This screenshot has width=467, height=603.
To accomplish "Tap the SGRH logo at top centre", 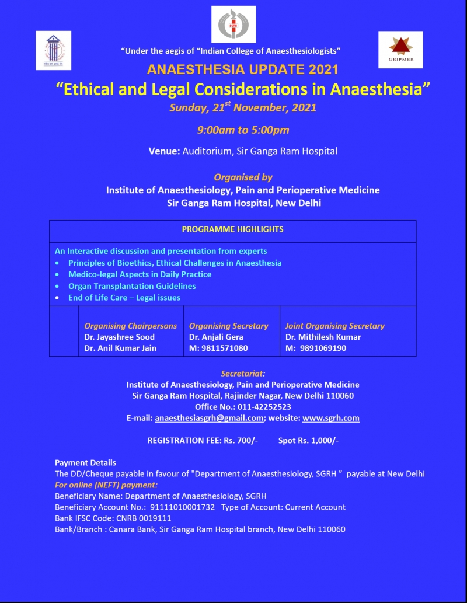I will click(233, 24).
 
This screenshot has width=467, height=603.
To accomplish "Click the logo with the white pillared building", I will click(53, 50).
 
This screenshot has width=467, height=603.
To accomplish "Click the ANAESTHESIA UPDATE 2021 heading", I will click(243, 69).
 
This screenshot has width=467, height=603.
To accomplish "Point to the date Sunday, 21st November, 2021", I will click(243, 108).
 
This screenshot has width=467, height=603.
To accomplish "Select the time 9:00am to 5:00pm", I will click(243, 130).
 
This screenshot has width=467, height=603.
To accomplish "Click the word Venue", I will click(164, 151).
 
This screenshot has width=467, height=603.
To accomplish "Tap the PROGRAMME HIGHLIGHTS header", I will click(233, 229).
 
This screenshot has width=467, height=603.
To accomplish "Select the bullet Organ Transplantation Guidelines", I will click(132, 286).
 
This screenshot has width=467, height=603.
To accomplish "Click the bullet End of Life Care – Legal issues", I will click(124, 298).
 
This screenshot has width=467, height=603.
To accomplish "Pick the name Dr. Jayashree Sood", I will click(120, 337).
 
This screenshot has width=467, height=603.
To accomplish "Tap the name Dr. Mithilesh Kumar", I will click(323, 337).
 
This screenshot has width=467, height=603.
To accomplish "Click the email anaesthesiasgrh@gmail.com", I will click(209, 418).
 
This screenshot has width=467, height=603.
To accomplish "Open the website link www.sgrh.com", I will click(331, 418).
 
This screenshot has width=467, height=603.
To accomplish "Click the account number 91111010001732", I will click(182, 507).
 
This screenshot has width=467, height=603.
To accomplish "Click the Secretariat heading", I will click(243, 374).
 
